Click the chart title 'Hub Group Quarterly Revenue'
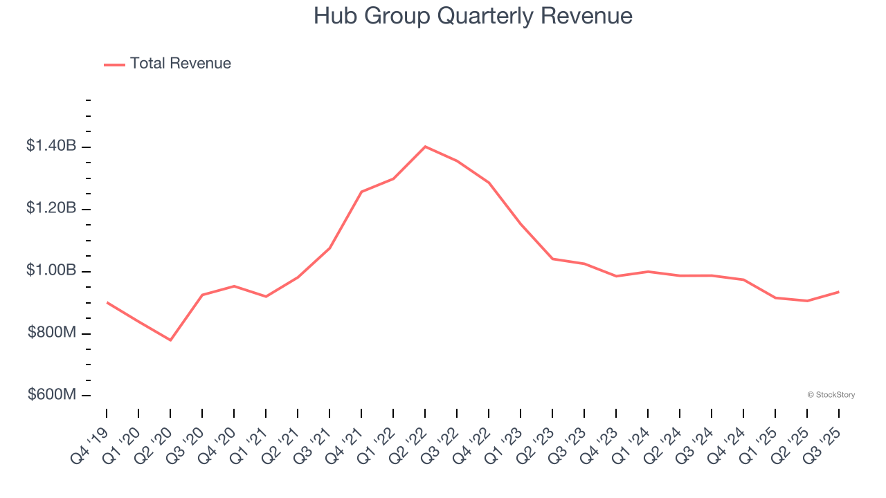click(473, 16)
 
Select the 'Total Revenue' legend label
click(180, 64)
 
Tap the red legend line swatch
click(114, 64)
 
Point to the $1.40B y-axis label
click(51, 146)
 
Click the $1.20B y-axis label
click(51, 208)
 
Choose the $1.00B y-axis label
click(51, 270)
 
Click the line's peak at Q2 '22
click(425, 147)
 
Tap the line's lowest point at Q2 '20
click(170, 340)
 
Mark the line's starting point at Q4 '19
click(107, 302)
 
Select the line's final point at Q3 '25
click(839, 292)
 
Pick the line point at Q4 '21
click(361, 192)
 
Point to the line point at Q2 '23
click(552, 259)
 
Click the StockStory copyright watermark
click(831, 395)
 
